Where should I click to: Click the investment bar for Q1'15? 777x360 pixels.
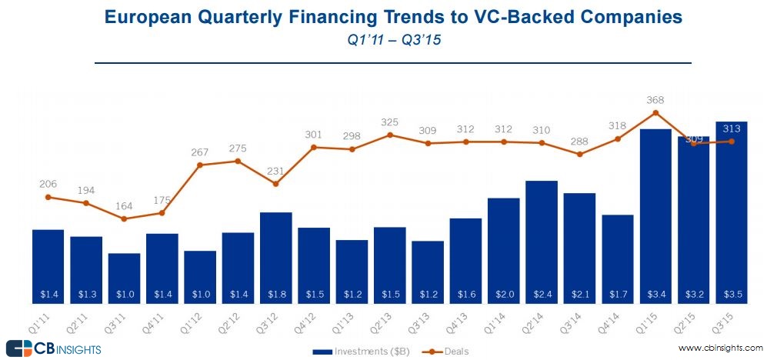point(655,215)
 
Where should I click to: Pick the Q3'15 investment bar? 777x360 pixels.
point(731,212)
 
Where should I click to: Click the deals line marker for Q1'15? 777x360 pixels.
point(655,112)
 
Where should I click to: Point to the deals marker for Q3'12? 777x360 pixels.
point(275,184)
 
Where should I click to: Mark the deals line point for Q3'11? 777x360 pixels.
point(124,218)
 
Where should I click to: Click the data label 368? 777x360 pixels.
point(655,99)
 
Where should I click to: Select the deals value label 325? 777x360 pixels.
point(389,122)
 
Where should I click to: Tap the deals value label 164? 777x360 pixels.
point(124,205)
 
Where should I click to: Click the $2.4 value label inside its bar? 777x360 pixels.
point(542,293)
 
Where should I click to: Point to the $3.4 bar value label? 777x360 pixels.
point(655,293)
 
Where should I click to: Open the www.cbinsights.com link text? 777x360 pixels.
point(719,348)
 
